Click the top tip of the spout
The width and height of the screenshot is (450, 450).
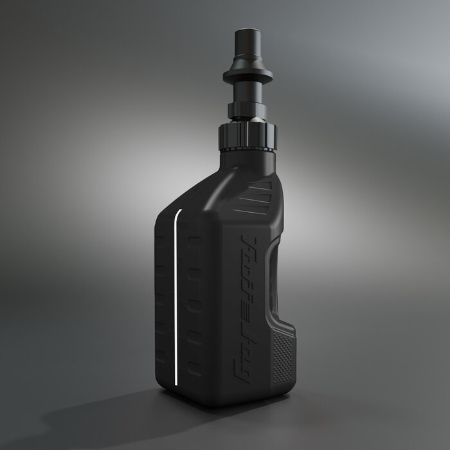point(249,32)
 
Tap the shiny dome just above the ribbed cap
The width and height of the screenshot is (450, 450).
point(251,120)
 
